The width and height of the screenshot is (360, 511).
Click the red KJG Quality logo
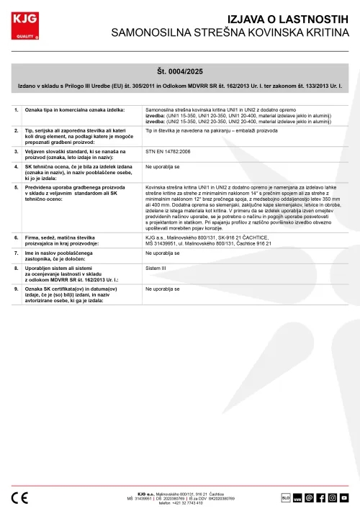[24, 22]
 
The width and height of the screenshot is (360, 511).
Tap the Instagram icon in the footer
[333, 497]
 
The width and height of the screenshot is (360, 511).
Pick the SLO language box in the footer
[285, 497]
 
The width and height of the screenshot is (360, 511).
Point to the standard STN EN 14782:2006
[168, 152]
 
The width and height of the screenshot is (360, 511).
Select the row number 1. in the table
[17, 109]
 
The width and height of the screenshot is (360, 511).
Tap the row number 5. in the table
[17, 186]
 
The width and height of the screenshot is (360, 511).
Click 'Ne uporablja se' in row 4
[162, 166]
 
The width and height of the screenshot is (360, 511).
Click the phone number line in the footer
[181, 502]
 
